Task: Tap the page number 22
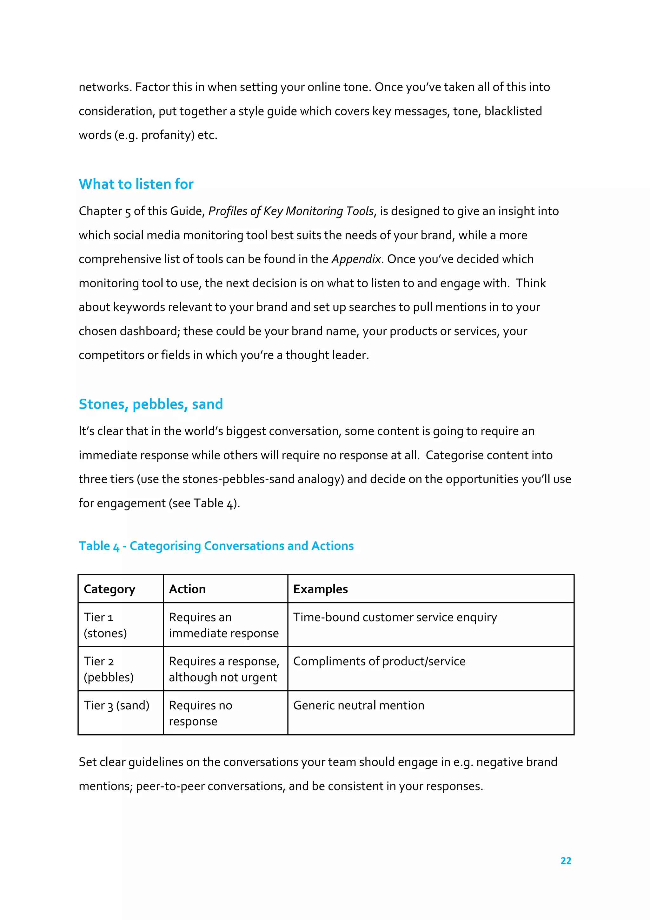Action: click(566, 860)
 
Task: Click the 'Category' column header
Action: click(109, 589)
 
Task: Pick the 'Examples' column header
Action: click(320, 589)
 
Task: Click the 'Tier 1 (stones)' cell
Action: click(105, 625)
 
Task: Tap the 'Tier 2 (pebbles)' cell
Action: click(108, 669)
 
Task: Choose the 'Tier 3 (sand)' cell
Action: click(116, 705)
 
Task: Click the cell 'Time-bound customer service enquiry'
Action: click(395, 617)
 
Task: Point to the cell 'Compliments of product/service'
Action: click(379, 661)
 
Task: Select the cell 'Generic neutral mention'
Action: click(358, 705)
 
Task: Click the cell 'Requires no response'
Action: click(200, 713)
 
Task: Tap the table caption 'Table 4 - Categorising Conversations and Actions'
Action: click(216, 546)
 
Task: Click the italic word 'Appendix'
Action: click(356, 259)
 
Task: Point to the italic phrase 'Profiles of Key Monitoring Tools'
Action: click(291, 211)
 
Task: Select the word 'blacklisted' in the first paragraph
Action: click(513, 111)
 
